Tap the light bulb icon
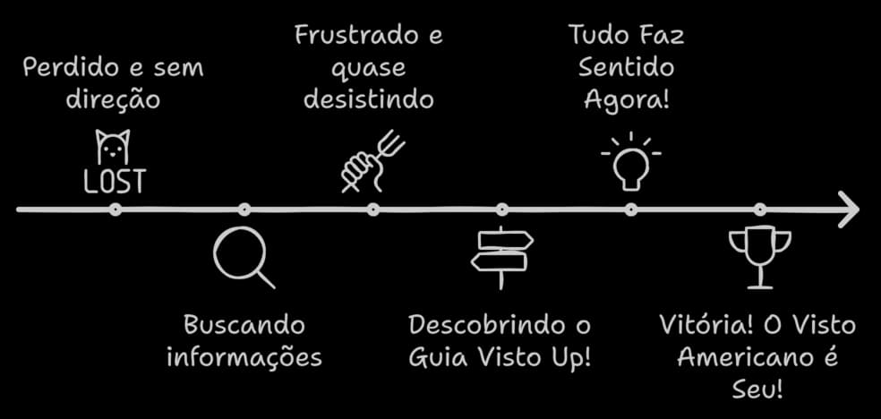click(631, 163)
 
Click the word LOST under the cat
click(114, 182)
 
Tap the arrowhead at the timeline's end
click(847, 209)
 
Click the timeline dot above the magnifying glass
click(244, 210)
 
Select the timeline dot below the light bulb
click(631, 210)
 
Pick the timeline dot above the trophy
click(760, 210)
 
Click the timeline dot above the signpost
click(502, 210)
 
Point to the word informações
click(244, 357)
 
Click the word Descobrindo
click(485, 325)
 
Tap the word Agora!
click(626, 98)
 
